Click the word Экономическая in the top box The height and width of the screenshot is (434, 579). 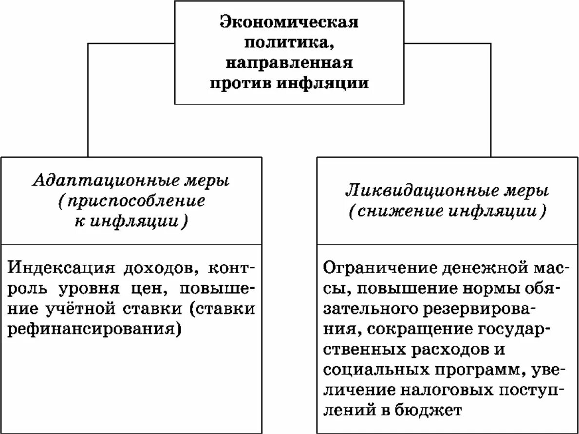click(x=289, y=22)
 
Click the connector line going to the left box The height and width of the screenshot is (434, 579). click(x=88, y=98)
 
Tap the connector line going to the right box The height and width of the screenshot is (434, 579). click(x=491, y=98)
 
